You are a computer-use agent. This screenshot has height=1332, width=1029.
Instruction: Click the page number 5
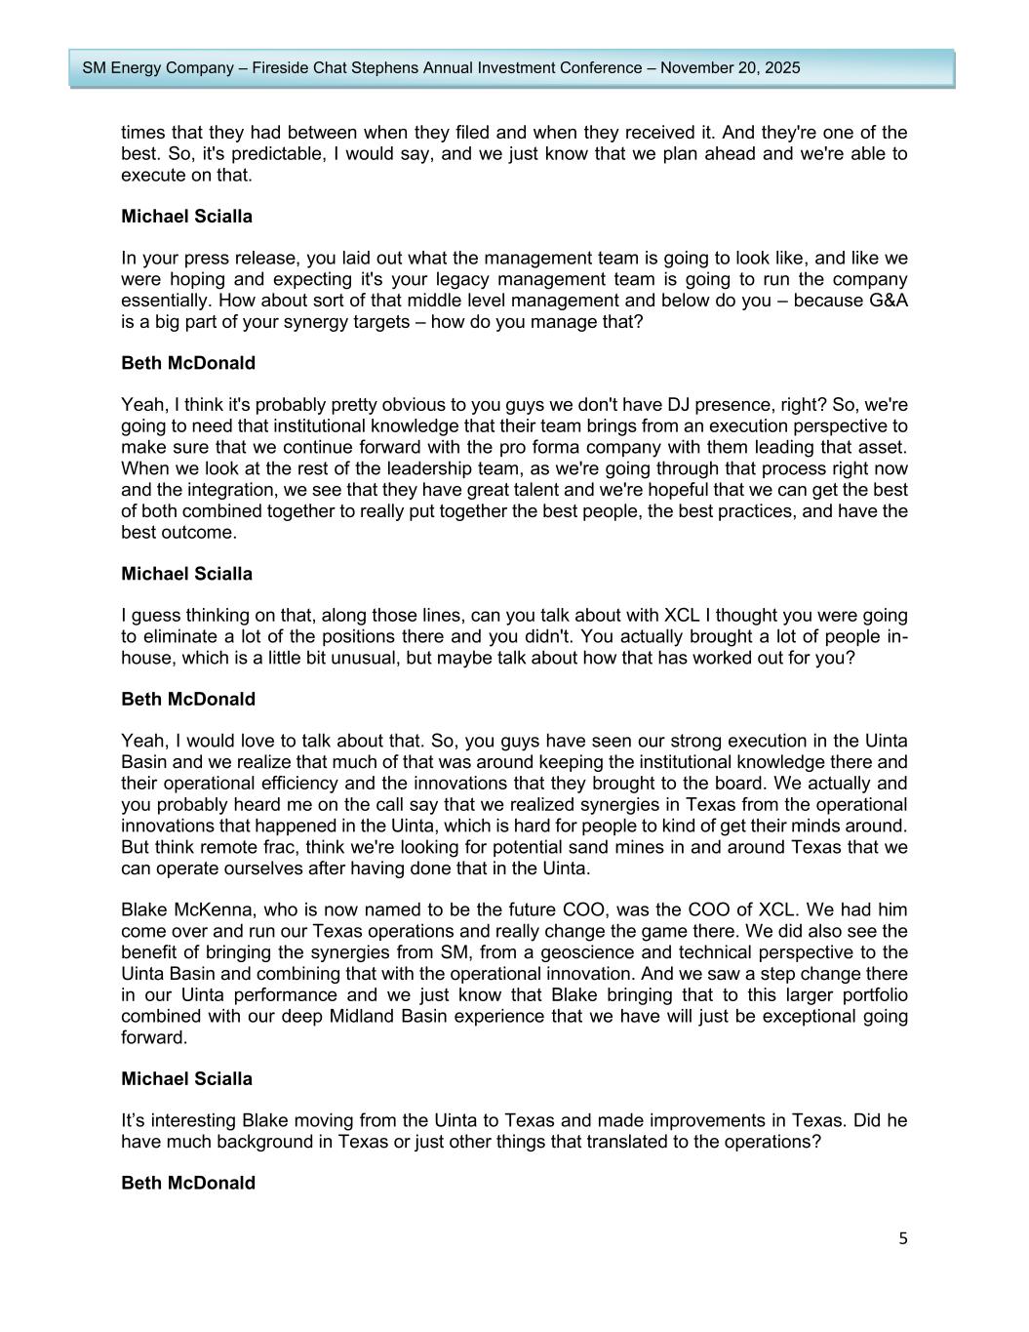pyautogui.click(x=902, y=1238)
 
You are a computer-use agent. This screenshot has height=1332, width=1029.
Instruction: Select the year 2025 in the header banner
pyautogui.click(x=780, y=68)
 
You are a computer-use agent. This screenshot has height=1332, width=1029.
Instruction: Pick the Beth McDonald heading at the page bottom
pyautogui.click(x=188, y=1183)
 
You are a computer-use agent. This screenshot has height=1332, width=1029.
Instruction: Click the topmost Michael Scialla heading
pyautogui.click(x=186, y=217)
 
